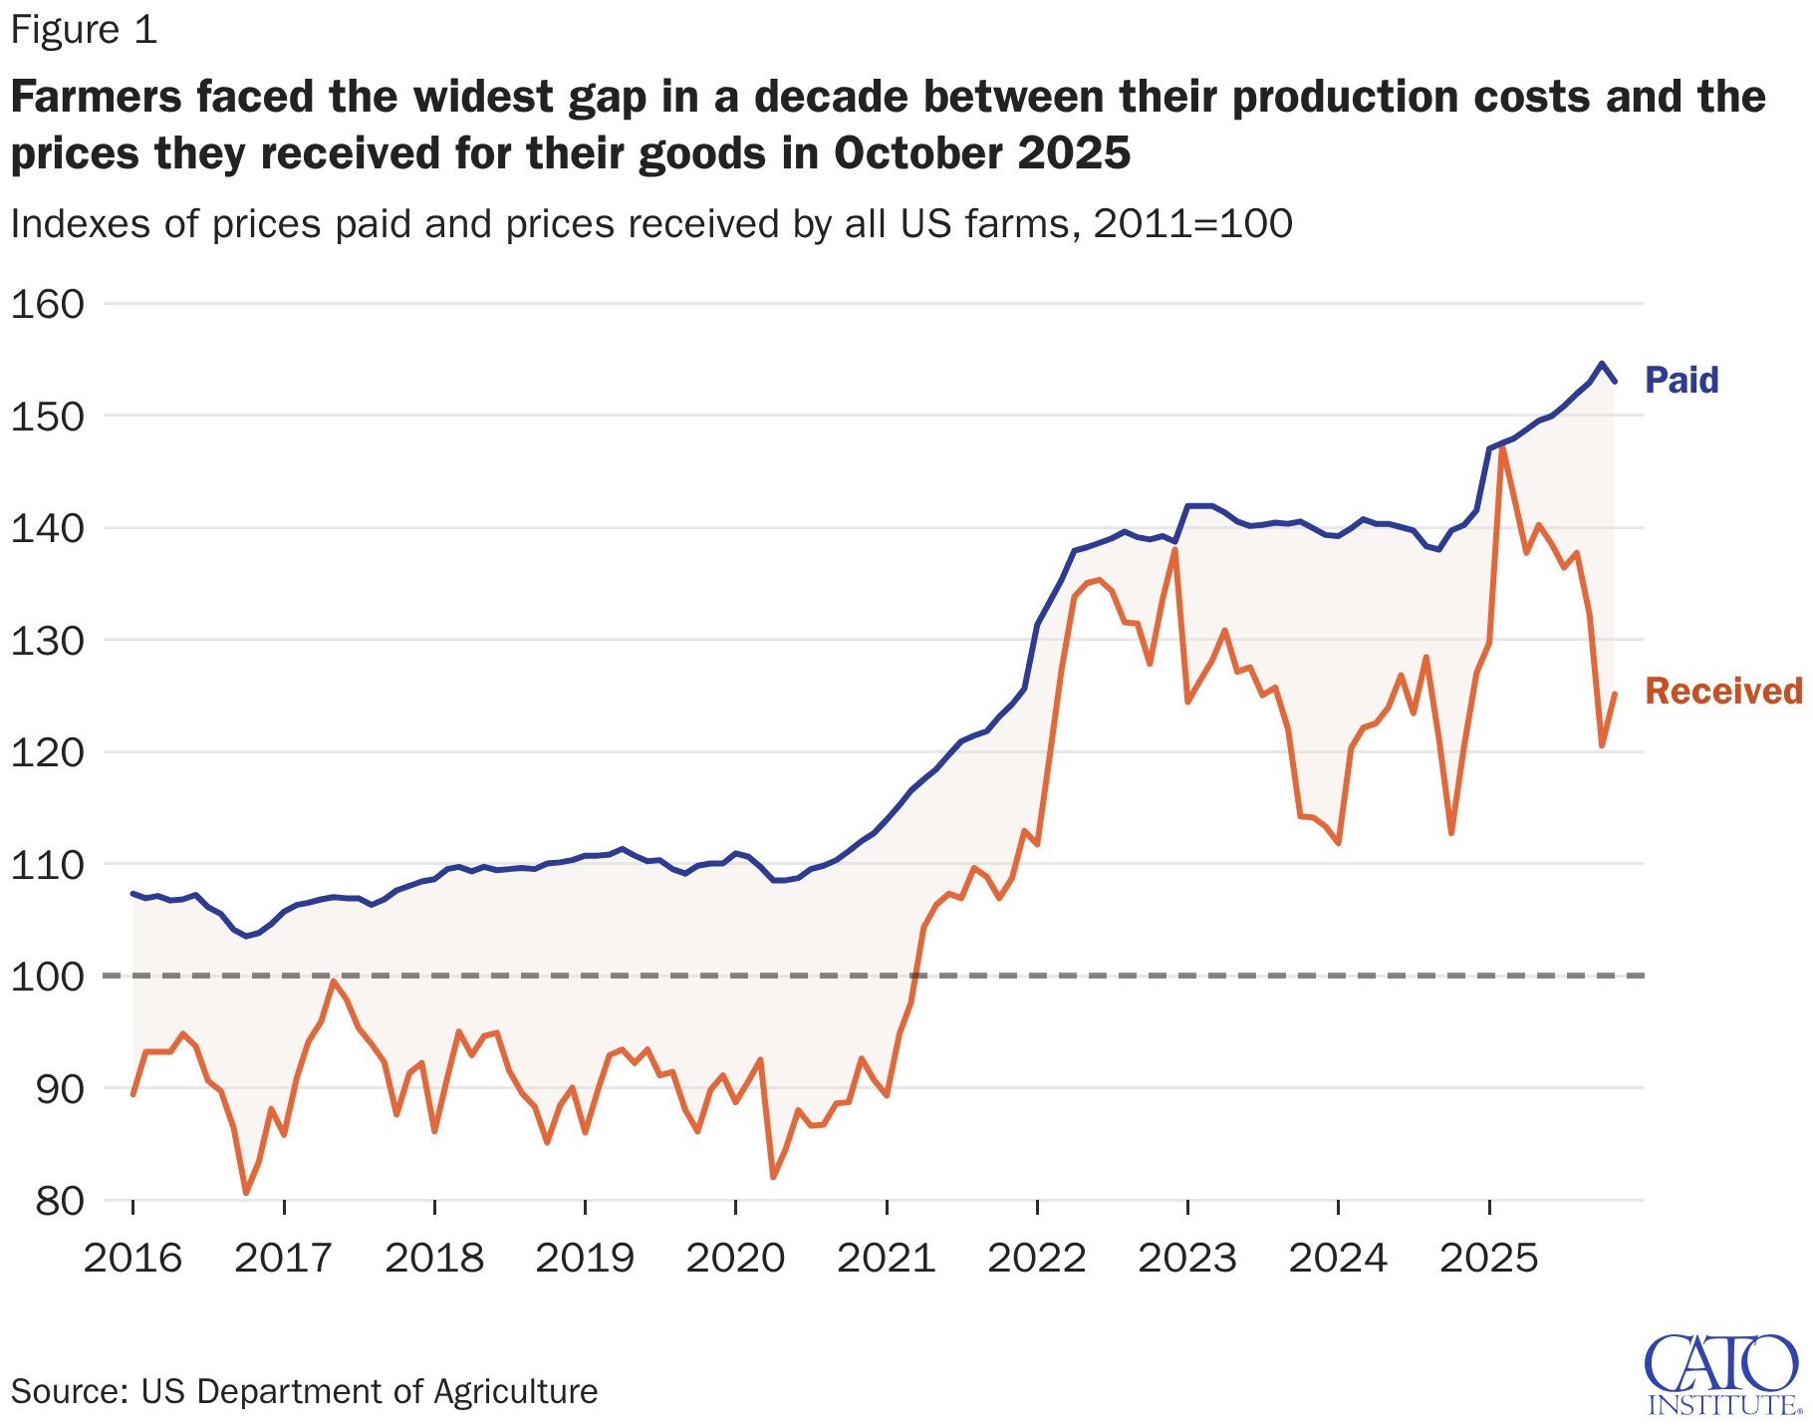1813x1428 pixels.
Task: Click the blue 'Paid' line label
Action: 1682,380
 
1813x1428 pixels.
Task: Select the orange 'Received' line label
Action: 1723,691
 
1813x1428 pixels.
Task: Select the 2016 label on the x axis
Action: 132,1259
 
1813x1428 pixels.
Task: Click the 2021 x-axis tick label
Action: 886,1259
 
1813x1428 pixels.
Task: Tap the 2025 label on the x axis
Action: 1488,1259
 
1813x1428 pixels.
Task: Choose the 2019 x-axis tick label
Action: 585,1259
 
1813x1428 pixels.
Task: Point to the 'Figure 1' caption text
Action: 84,31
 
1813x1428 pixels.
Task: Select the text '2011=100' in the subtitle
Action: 1192,224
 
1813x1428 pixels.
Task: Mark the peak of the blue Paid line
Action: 1601,363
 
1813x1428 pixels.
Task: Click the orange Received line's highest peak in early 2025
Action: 1501,447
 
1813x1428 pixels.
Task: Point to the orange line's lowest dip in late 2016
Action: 246,1193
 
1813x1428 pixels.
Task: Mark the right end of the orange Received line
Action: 1615,694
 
